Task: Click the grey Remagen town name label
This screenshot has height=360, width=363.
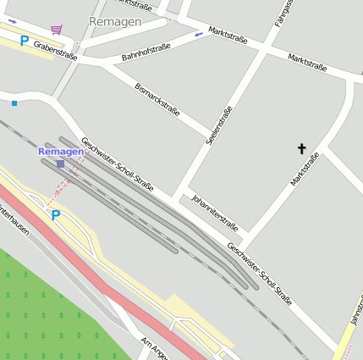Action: click(x=115, y=21)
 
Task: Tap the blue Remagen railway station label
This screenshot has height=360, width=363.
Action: click(x=61, y=151)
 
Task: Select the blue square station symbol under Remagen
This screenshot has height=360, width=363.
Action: click(x=61, y=163)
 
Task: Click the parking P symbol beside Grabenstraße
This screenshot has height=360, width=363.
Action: click(x=25, y=40)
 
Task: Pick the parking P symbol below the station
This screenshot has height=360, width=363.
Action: click(x=56, y=215)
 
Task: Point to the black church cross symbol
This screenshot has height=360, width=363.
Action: click(x=301, y=149)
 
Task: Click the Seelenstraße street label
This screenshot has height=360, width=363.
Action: click(x=219, y=125)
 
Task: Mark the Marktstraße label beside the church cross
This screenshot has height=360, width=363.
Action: click(x=305, y=169)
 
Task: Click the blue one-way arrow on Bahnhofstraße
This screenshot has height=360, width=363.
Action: click(x=198, y=35)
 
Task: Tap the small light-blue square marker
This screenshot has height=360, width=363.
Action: click(x=14, y=103)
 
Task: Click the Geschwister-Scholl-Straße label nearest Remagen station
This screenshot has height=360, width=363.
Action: click(x=117, y=163)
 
